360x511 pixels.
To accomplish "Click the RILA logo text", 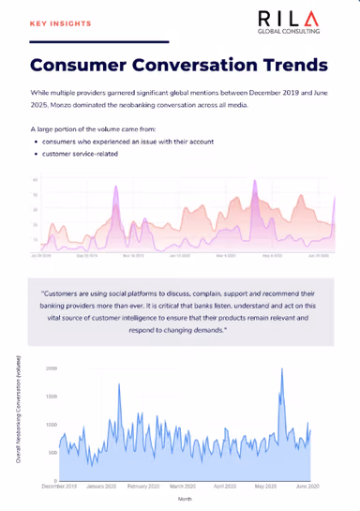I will tap(293, 19).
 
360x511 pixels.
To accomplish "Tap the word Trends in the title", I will tap(289, 66).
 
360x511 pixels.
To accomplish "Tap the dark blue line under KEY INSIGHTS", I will tap(98, 42).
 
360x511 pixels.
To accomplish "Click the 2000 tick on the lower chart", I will tap(51, 368).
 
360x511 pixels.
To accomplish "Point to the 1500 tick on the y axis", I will tap(51, 397).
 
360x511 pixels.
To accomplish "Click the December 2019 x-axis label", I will tap(60, 487).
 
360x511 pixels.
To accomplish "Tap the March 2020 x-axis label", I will tap(184, 487).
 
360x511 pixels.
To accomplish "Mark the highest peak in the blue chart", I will tap(282, 369).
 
